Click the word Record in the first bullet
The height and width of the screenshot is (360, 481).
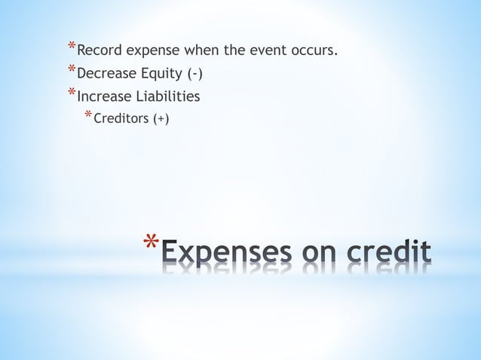click(100, 52)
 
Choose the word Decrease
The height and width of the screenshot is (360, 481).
click(107, 75)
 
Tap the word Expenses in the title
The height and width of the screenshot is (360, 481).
click(225, 253)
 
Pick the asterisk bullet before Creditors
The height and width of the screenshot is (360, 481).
click(87, 115)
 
